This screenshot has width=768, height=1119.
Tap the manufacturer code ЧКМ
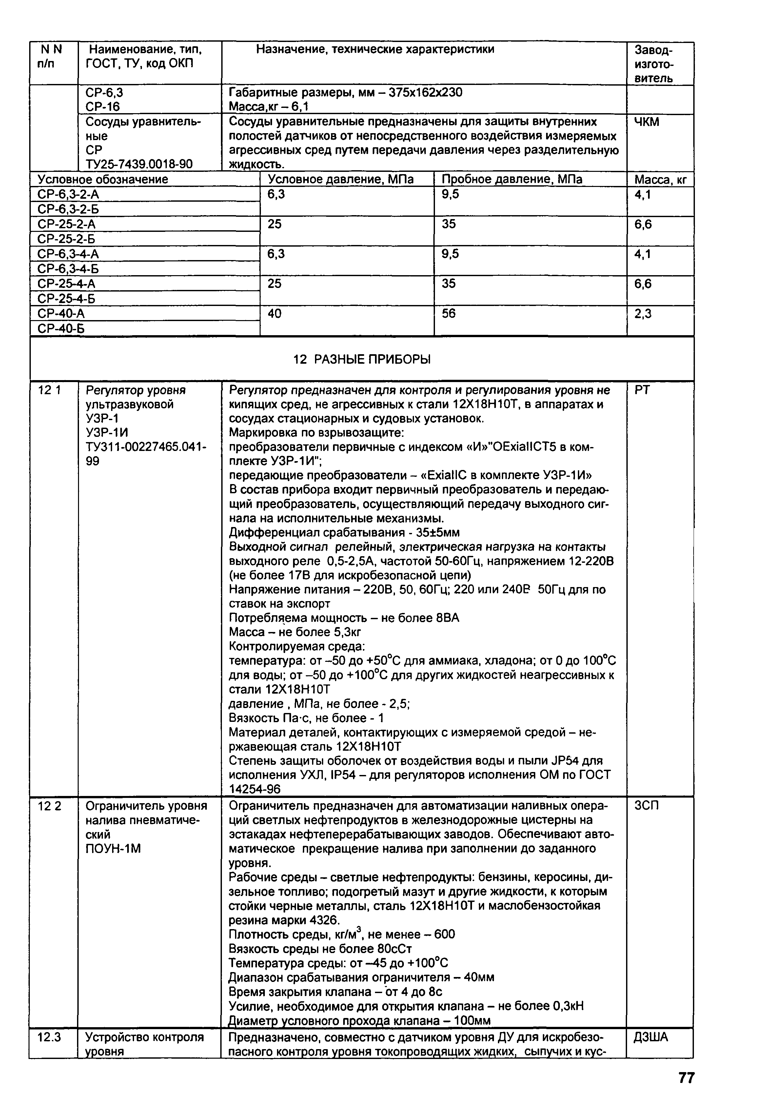(x=647, y=122)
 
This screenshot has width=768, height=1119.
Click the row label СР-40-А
(x=61, y=314)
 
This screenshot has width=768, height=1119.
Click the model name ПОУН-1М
(x=113, y=848)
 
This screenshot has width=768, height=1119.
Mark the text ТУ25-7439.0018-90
(x=139, y=164)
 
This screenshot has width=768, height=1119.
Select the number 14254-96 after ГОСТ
(x=255, y=789)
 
